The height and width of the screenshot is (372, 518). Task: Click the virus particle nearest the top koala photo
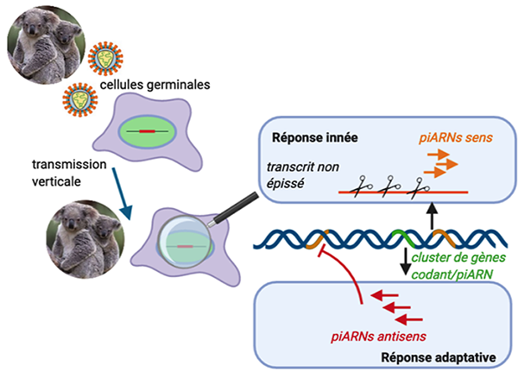click(105, 58)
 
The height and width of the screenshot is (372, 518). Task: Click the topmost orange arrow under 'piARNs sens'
click(439, 153)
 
